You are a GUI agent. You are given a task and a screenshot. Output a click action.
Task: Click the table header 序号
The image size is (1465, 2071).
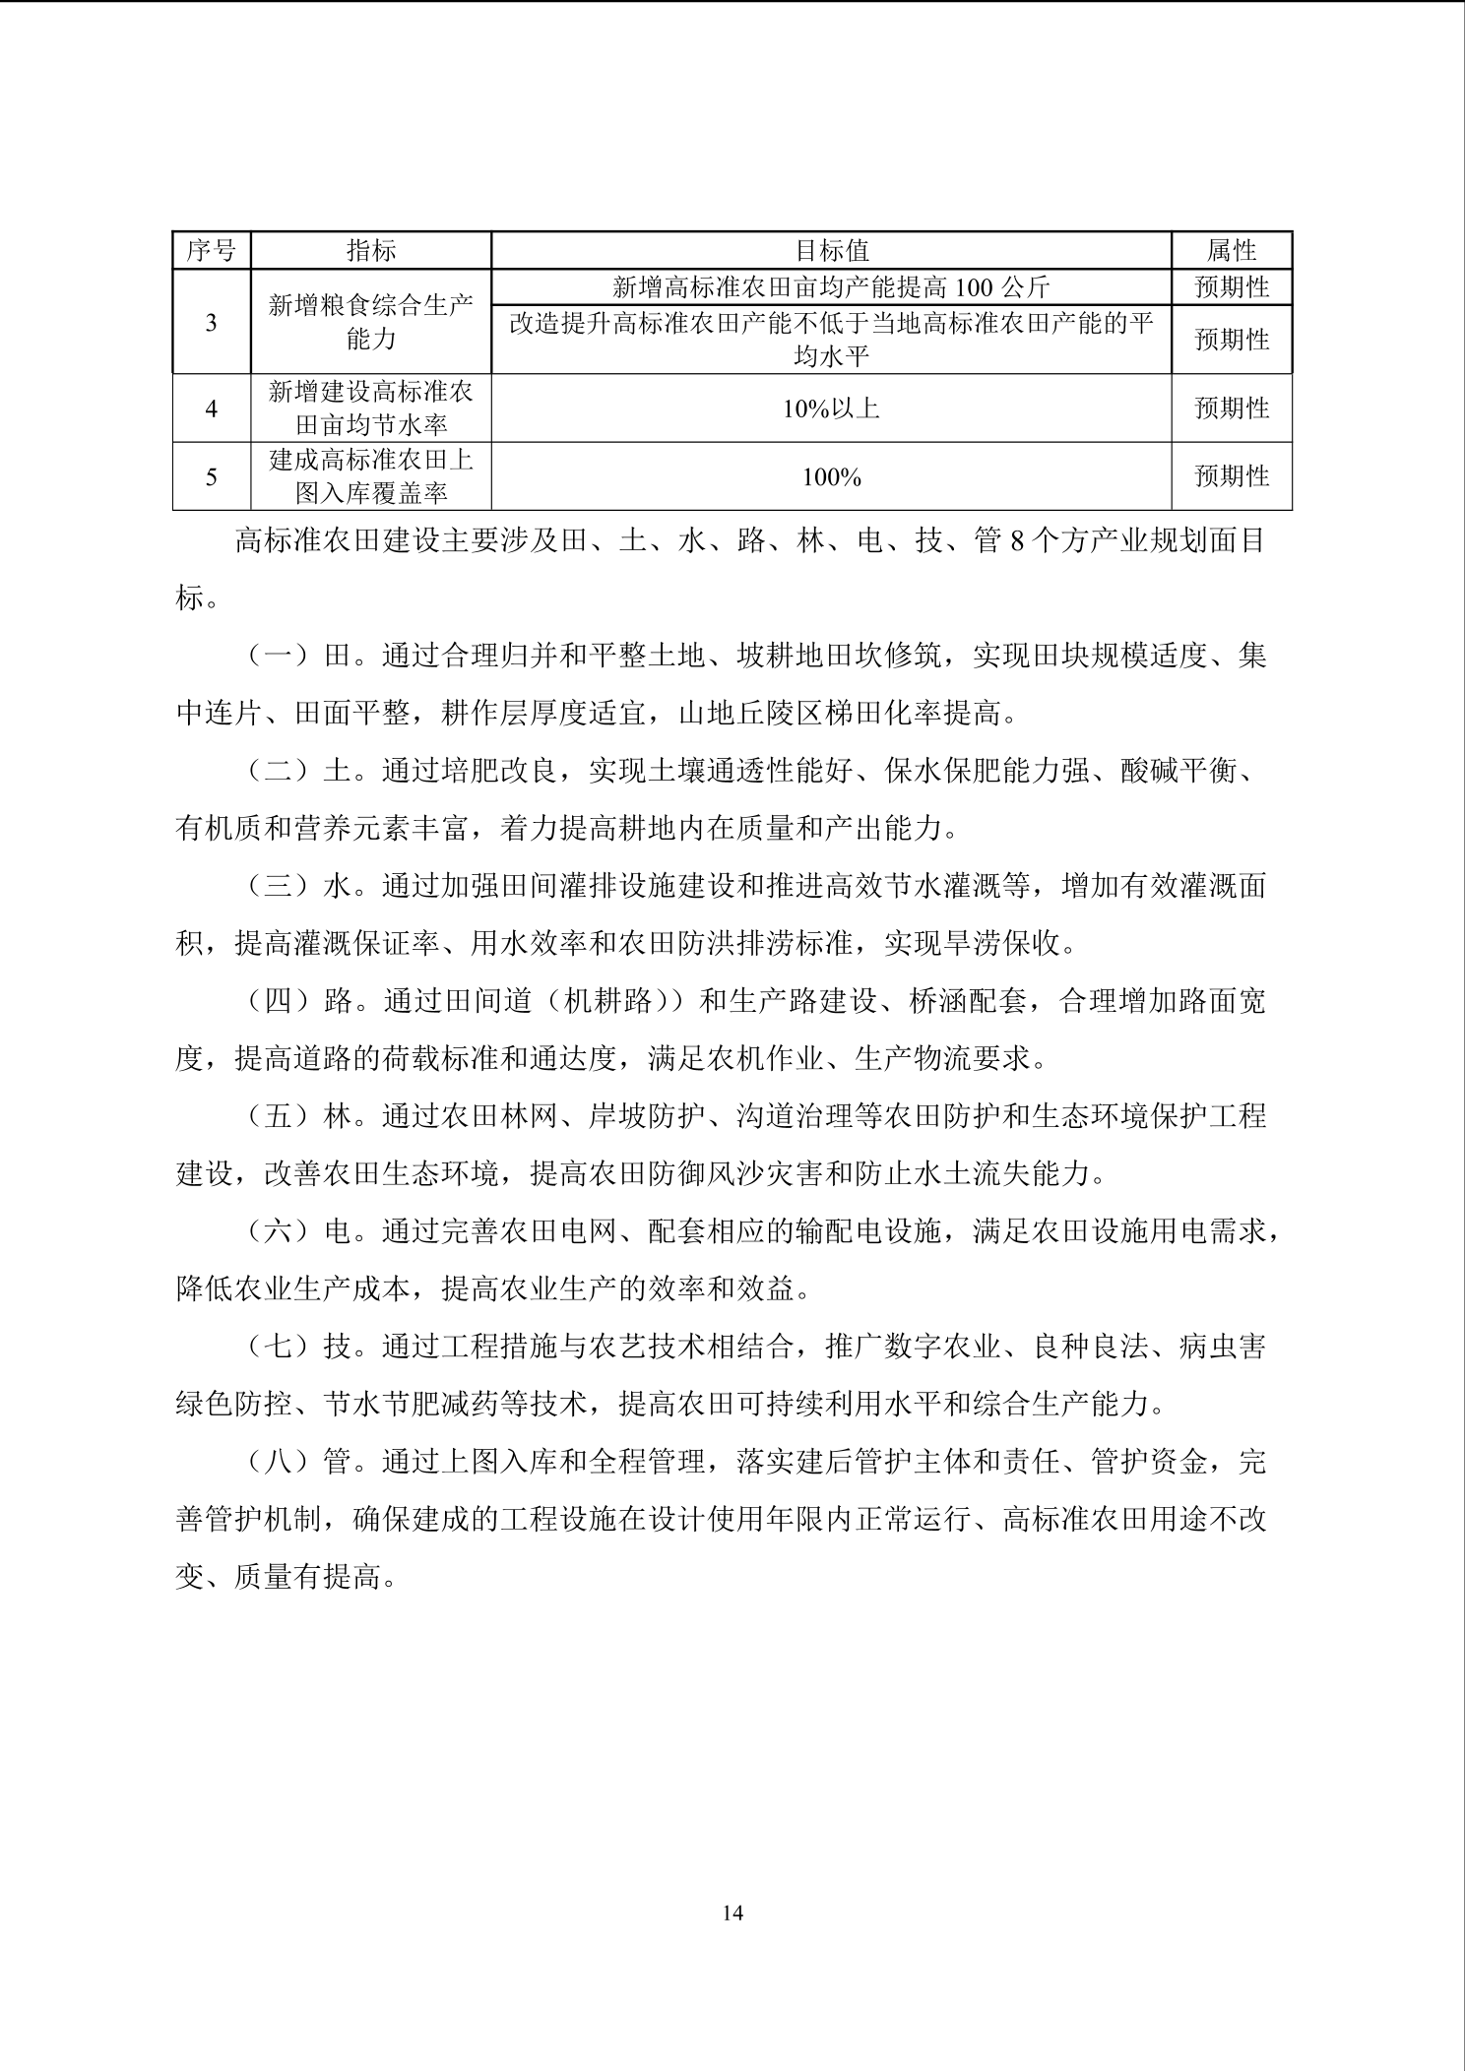212,251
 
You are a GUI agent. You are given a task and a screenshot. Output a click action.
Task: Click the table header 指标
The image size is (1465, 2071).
371,251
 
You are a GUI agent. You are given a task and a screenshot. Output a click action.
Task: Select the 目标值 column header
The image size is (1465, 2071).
831,251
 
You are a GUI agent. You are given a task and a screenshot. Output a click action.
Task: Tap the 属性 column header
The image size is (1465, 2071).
1231,251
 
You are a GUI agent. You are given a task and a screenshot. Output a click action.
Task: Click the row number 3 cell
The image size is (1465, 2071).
212,322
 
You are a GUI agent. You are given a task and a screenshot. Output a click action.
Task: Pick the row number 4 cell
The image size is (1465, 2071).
212,408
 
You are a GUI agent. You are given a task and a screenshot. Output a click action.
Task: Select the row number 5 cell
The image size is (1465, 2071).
212,477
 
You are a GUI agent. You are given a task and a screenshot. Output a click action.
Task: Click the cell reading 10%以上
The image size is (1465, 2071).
831,408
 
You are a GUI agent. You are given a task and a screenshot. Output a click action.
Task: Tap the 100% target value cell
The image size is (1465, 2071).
831,477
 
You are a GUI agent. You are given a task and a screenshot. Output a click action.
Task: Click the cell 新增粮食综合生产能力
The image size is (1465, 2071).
371,322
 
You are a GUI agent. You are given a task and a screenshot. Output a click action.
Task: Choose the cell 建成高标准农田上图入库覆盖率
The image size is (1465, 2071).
371,477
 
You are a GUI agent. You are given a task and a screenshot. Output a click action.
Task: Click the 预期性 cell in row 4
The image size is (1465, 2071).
1231,408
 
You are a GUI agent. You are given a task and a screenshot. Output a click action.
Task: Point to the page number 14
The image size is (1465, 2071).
732,1913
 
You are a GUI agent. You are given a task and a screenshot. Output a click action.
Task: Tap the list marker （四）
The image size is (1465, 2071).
280,1002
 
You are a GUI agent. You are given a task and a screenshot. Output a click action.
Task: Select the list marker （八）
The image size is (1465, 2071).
280,1463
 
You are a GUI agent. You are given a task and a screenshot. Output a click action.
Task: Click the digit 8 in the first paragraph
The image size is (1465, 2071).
1017,541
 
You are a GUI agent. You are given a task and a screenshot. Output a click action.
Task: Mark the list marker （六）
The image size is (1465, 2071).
280,1232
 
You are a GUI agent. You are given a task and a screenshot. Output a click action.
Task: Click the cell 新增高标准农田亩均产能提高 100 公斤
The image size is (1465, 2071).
831,287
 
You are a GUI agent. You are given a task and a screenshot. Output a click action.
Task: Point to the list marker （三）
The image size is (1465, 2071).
280,887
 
